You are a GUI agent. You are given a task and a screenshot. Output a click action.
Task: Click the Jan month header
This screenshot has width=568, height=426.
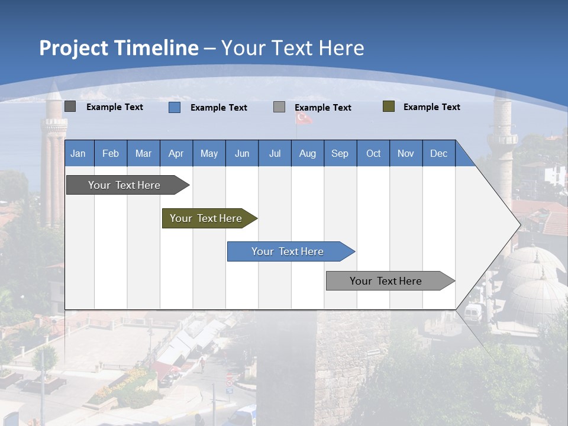(x=78, y=153)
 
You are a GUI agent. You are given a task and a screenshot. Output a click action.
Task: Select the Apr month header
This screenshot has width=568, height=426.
(x=176, y=153)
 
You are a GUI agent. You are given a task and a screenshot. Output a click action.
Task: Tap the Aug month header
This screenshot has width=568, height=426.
(x=307, y=153)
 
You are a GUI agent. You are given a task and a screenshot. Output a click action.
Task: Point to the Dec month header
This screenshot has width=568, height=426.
(x=438, y=153)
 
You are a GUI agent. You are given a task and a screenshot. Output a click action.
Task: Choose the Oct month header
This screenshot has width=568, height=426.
(x=373, y=153)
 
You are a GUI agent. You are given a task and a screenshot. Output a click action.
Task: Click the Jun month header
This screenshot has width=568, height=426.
(x=241, y=153)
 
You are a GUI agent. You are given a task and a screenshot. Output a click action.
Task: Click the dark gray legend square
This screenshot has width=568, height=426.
(x=70, y=106)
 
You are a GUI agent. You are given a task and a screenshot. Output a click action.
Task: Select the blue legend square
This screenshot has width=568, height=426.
(x=175, y=107)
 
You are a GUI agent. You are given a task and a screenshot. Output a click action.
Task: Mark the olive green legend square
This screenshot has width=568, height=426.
(x=389, y=106)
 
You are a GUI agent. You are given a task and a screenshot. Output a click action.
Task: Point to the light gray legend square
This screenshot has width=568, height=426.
(x=279, y=107)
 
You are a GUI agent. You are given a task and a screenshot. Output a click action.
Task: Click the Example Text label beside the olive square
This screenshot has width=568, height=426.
(x=431, y=107)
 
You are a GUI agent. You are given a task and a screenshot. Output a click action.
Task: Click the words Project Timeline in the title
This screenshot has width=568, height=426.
(x=118, y=48)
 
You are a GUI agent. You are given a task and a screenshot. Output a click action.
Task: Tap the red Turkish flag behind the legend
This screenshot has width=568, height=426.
(x=304, y=118)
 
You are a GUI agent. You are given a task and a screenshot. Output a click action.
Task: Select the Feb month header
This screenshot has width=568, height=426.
(x=111, y=153)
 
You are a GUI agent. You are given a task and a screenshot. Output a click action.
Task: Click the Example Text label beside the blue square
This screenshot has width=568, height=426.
(x=218, y=108)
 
